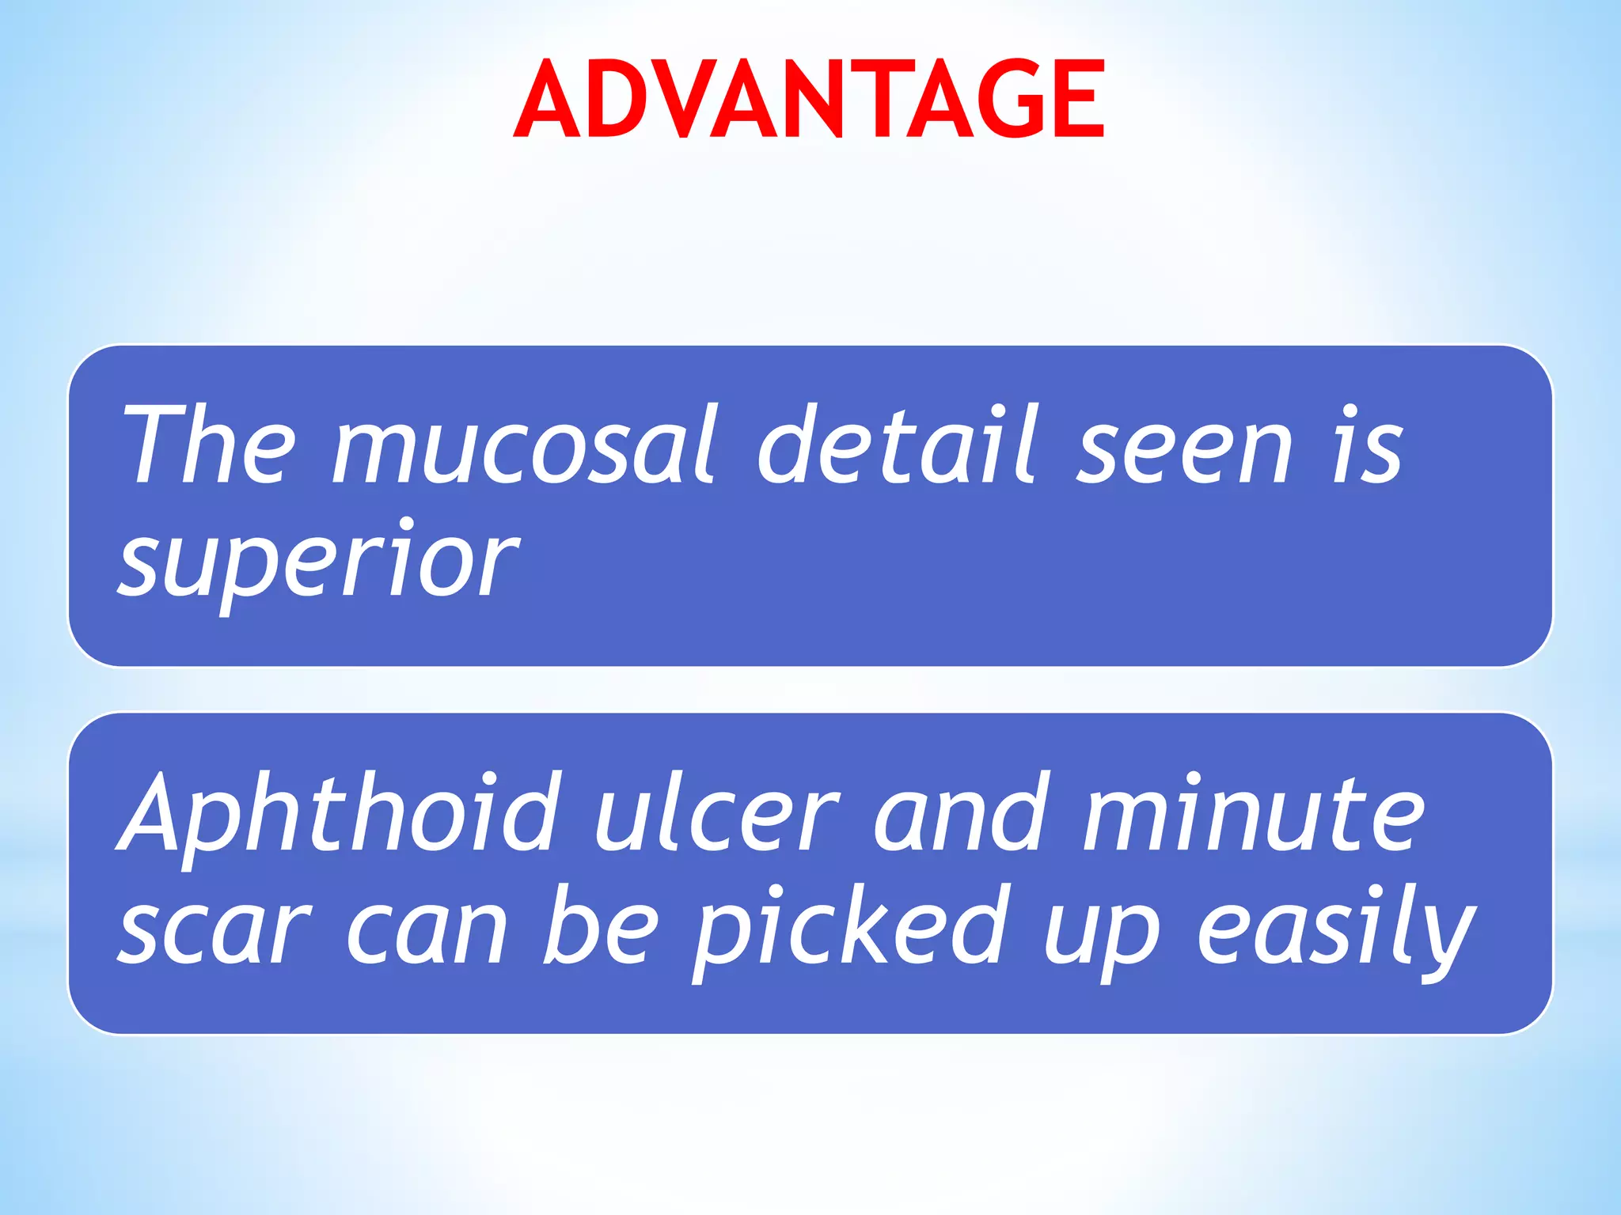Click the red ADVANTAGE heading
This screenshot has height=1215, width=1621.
(809, 100)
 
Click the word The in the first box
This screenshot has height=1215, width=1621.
(207, 445)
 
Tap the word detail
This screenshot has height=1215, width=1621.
(896, 445)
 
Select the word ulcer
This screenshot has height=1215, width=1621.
(716, 815)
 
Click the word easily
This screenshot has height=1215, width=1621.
(1336, 929)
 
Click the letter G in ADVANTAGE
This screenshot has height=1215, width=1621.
(1011, 100)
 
